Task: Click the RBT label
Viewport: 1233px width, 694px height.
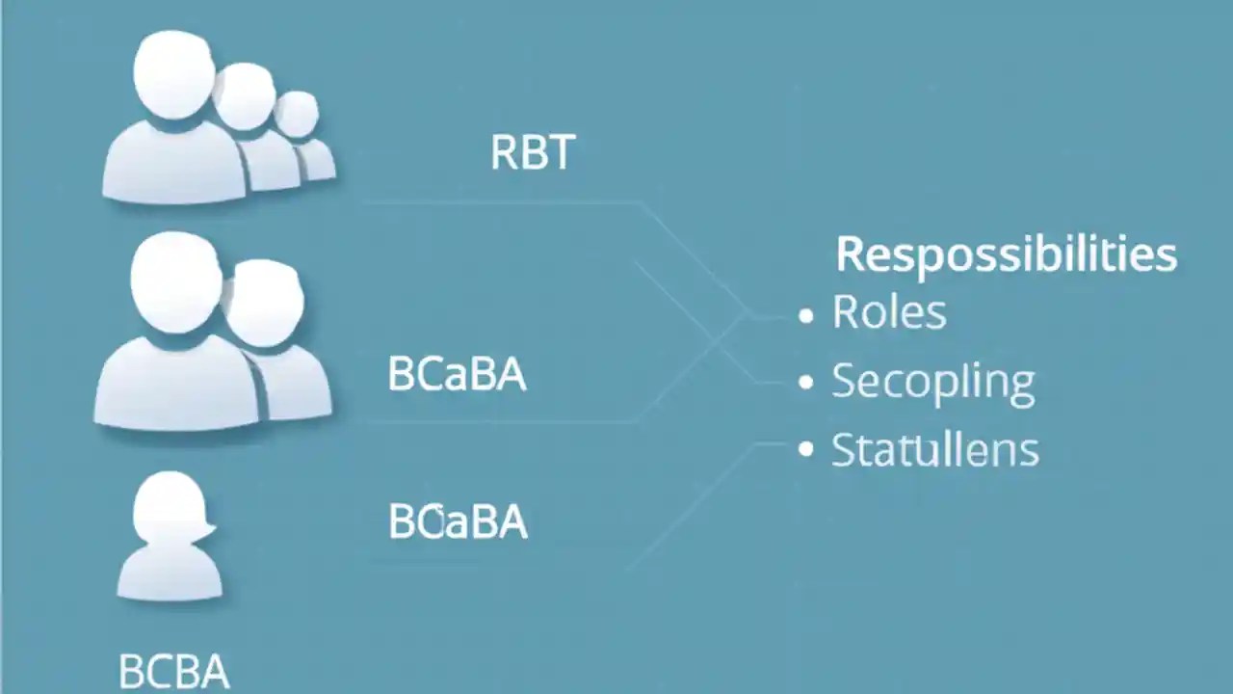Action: (x=533, y=152)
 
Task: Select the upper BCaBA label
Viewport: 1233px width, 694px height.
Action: (x=457, y=374)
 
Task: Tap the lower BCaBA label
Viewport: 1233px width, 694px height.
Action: (x=458, y=521)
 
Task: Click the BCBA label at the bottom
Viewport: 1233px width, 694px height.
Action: (x=174, y=671)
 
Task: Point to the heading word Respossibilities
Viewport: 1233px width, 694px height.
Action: (x=1006, y=255)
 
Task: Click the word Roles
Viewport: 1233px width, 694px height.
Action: (x=889, y=313)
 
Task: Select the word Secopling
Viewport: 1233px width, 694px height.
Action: (x=932, y=383)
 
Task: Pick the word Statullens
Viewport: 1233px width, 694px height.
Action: (x=934, y=450)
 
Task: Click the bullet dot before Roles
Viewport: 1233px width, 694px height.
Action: (x=806, y=315)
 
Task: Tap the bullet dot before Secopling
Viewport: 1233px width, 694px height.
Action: (x=806, y=383)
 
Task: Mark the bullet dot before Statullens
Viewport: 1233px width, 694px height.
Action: (x=806, y=450)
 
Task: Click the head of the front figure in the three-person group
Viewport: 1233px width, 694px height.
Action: (x=174, y=73)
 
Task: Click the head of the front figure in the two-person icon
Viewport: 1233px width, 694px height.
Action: (x=176, y=284)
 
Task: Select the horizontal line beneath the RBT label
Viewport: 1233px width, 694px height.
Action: (x=501, y=203)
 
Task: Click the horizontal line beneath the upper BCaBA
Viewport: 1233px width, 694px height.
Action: (x=501, y=421)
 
